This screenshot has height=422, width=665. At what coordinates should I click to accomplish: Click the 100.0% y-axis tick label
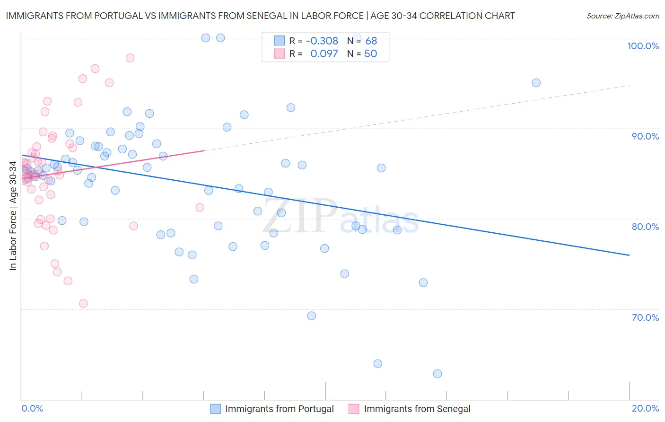click(643, 46)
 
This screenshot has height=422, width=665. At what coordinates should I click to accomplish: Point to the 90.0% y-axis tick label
click(645, 136)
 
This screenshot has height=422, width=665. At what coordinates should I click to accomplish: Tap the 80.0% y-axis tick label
click(645, 227)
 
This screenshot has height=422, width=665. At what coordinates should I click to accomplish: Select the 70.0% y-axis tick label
click(645, 317)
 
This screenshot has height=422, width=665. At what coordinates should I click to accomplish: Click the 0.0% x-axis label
click(32, 408)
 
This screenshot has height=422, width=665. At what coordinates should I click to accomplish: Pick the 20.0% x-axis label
click(645, 408)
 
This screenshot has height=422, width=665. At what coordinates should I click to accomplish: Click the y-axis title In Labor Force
click(13, 216)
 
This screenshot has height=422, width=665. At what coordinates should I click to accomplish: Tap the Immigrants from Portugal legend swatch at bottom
click(216, 409)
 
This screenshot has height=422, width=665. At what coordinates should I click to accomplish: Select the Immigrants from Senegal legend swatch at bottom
click(354, 409)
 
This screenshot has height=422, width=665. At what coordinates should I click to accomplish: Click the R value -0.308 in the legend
click(322, 41)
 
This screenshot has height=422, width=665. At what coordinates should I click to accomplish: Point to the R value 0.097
click(324, 54)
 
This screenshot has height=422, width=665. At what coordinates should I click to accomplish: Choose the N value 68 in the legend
click(371, 41)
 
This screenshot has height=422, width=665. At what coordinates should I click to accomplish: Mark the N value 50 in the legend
click(371, 54)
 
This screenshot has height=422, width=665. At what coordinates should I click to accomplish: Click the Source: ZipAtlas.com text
click(622, 16)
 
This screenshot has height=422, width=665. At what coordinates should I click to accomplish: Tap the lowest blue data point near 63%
click(437, 374)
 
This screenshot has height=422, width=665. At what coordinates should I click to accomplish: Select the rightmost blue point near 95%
click(536, 83)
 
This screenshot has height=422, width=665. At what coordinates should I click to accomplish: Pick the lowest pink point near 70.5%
click(83, 303)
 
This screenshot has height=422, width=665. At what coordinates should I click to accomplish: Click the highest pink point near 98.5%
click(130, 58)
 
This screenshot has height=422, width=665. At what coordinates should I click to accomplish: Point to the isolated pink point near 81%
click(200, 208)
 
